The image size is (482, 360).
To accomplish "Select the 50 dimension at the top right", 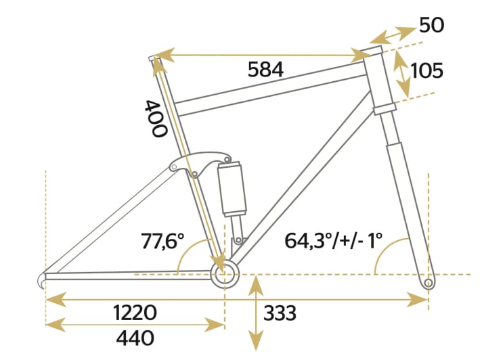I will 431,25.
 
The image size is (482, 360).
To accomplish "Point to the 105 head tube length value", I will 427,70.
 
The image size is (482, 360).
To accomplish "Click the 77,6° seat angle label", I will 163,240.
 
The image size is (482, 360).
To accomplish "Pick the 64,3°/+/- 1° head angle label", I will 333,240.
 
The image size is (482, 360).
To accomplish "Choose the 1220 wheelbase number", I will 135,313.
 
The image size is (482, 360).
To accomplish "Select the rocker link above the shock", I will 196,163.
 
